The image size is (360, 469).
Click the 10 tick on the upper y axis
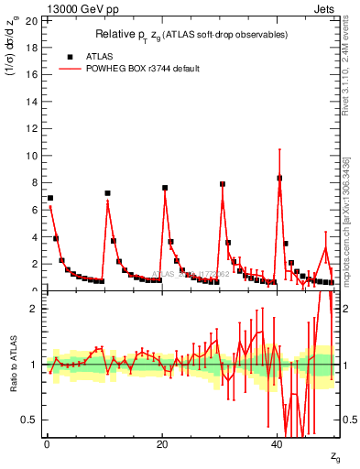34,156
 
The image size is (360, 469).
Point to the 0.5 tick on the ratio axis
32,420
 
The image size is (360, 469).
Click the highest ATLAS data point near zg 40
279,178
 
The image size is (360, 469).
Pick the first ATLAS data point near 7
50,198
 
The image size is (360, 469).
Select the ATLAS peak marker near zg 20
165,188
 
